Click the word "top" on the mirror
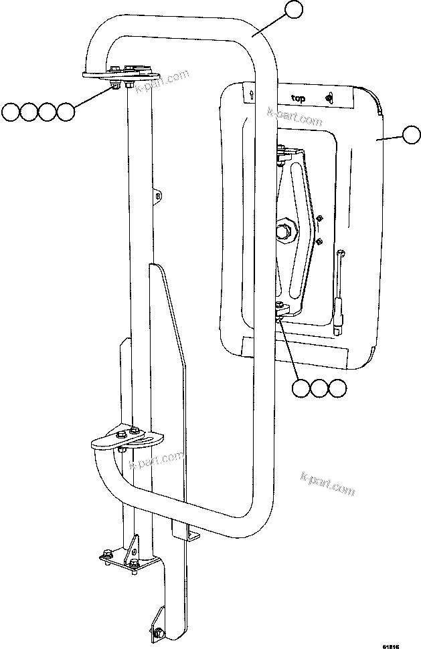(x=298, y=98)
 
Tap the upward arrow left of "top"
(x=250, y=95)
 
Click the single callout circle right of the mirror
(x=411, y=136)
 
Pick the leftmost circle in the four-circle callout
(x=11, y=112)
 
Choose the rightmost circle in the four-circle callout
(x=65, y=112)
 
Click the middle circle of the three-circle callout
(x=320, y=388)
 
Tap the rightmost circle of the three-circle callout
(x=338, y=388)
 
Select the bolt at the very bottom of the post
(x=158, y=632)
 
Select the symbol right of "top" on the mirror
(x=328, y=98)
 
